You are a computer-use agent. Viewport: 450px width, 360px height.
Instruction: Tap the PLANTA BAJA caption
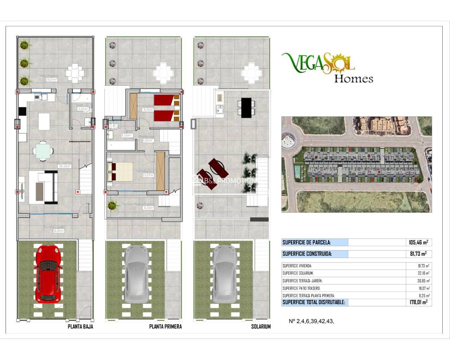(x=80, y=327)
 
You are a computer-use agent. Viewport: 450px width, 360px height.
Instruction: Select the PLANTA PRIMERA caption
(x=165, y=327)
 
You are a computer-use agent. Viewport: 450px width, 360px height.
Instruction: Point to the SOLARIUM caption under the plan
(x=261, y=327)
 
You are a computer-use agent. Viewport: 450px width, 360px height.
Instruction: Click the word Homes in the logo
(x=353, y=78)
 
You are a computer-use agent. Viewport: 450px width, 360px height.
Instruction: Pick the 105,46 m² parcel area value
(x=418, y=242)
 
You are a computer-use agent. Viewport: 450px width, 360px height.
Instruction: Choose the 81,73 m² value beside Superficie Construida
(x=418, y=254)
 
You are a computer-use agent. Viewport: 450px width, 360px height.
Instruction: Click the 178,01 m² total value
(x=418, y=302)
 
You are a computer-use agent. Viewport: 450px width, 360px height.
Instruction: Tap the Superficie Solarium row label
(x=298, y=273)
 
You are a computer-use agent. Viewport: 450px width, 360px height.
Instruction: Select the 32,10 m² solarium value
(x=423, y=273)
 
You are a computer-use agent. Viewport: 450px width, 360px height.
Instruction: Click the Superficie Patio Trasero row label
(x=301, y=288)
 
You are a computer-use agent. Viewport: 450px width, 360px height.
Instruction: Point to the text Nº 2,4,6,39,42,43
(x=311, y=321)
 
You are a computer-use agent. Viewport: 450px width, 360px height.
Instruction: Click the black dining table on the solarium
(x=246, y=107)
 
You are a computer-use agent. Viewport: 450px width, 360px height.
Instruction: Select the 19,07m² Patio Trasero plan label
(x=51, y=80)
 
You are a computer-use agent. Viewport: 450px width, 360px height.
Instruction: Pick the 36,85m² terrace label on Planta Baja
(x=58, y=231)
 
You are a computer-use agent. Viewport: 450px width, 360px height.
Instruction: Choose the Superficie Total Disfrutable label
(x=314, y=302)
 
